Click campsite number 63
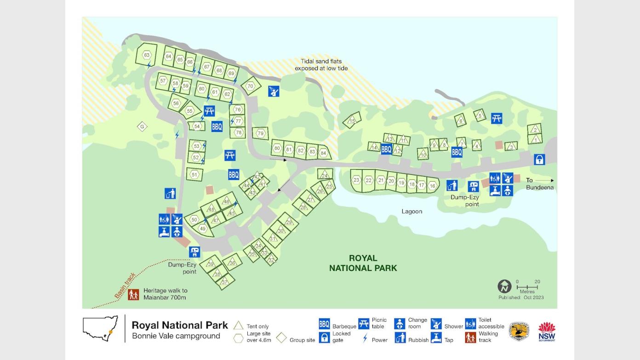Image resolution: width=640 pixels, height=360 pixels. (x=147, y=55)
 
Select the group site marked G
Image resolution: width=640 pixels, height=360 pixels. (x=142, y=126)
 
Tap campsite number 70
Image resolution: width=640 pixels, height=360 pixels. (x=250, y=86)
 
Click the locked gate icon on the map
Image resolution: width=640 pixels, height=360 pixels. (x=539, y=160)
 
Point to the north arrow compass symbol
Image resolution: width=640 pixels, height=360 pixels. (x=504, y=286)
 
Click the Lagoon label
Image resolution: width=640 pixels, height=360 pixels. (x=411, y=211)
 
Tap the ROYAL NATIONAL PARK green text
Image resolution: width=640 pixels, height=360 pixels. (x=363, y=263)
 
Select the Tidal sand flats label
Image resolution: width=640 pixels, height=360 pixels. (x=321, y=65)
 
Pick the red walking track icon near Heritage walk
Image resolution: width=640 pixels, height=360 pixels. (x=133, y=294)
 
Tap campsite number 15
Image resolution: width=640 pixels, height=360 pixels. (x=352, y=121)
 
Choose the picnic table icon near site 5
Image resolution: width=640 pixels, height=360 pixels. (x=496, y=119)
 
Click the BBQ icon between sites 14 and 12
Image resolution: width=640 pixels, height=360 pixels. (x=386, y=149)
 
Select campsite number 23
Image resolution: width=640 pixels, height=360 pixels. (x=356, y=180)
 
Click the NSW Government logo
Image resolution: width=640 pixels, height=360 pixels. (x=547, y=331)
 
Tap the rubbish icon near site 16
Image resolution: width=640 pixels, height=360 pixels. (x=452, y=185)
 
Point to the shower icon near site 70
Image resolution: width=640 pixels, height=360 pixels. (x=274, y=91)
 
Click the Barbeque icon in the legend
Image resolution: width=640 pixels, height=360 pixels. (x=324, y=324)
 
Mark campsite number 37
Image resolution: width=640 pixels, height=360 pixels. (x=224, y=282)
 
